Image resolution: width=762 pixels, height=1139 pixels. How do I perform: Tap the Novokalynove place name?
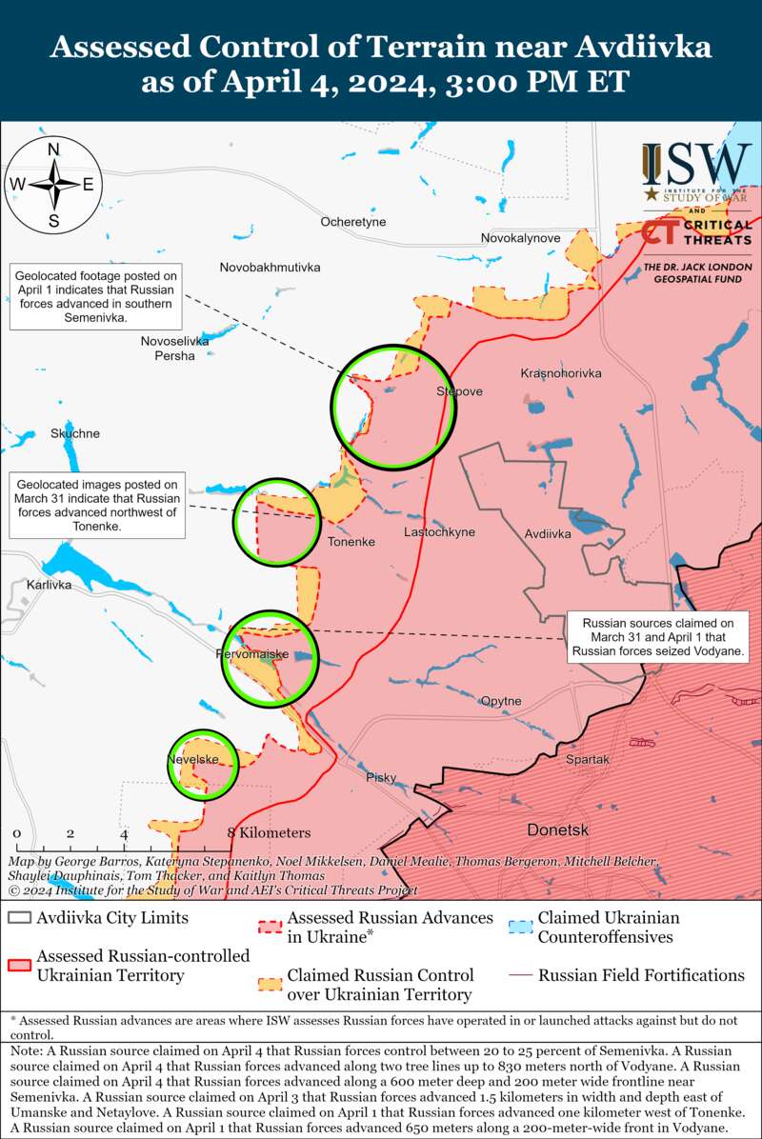click(x=520, y=237)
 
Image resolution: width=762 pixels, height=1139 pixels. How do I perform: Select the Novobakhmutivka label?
click(x=270, y=268)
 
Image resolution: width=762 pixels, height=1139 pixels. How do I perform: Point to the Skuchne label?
click(x=75, y=433)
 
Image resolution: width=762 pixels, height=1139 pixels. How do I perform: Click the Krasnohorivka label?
click(x=561, y=373)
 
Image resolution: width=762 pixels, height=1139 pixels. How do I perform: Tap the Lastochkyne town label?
click(x=439, y=532)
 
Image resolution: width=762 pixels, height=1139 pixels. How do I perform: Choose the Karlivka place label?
click(x=50, y=585)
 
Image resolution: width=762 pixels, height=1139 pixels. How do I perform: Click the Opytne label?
click(x=501, y=701)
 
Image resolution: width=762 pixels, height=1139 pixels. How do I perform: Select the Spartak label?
click(x=588, y=760)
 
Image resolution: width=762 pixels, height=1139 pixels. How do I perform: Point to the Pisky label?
click(x=381, y=778)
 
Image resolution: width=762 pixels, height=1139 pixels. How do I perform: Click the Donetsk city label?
click(x=558, y=829)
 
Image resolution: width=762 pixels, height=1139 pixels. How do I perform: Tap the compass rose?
click(x=54, y=185)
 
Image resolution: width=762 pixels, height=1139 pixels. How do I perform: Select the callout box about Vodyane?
click(x=658, y=637)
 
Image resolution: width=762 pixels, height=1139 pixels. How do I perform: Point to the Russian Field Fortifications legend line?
click(x=519, y=975)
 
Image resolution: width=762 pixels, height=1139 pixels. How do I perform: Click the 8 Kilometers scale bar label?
click(x=270, y=832)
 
